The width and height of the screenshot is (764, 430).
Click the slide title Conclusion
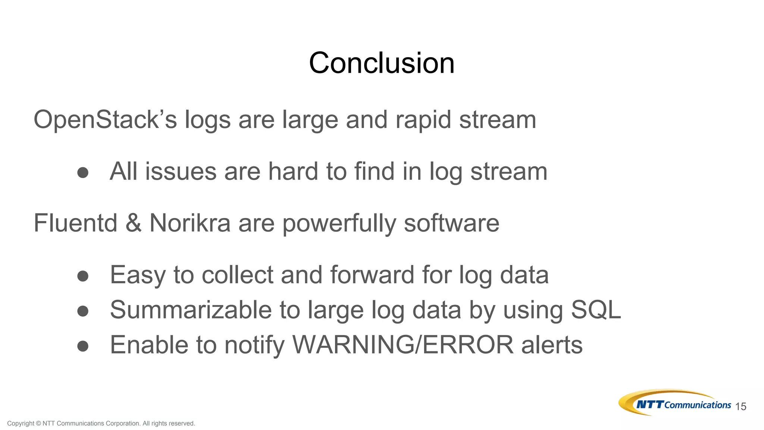click(382, 63)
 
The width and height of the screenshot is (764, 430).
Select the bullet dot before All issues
click(83, 172)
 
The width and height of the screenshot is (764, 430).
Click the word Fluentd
click(75, 223)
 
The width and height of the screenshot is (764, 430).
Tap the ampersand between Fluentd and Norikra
click(134, 223)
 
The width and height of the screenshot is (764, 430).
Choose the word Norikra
click(190, 223)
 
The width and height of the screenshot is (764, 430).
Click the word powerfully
click(339, 224)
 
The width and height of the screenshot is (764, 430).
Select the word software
click(451, 223)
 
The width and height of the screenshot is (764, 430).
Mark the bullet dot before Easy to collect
click(83, 276)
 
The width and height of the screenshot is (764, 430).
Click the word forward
click(372, 275)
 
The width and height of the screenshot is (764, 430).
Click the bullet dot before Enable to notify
click(83, 346)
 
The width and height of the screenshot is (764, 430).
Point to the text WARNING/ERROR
click(403, 345)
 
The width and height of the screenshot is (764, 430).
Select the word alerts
click(552, 345)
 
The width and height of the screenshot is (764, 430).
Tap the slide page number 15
click(740, 406)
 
